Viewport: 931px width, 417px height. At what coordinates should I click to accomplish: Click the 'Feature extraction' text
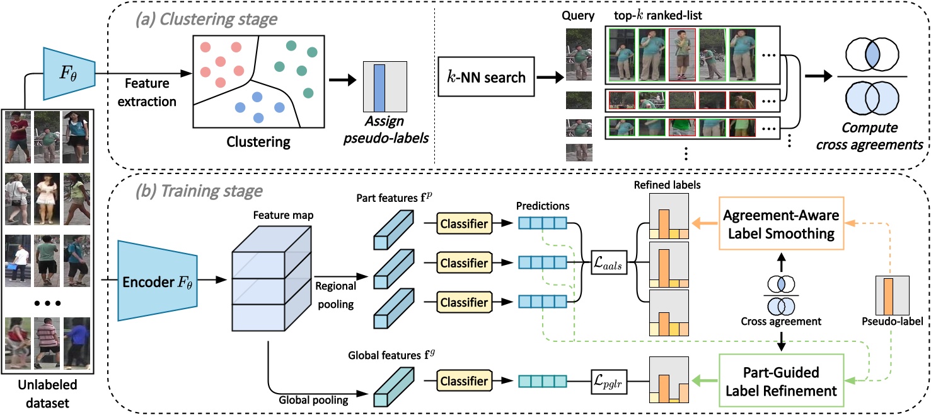[x=146, y=91]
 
